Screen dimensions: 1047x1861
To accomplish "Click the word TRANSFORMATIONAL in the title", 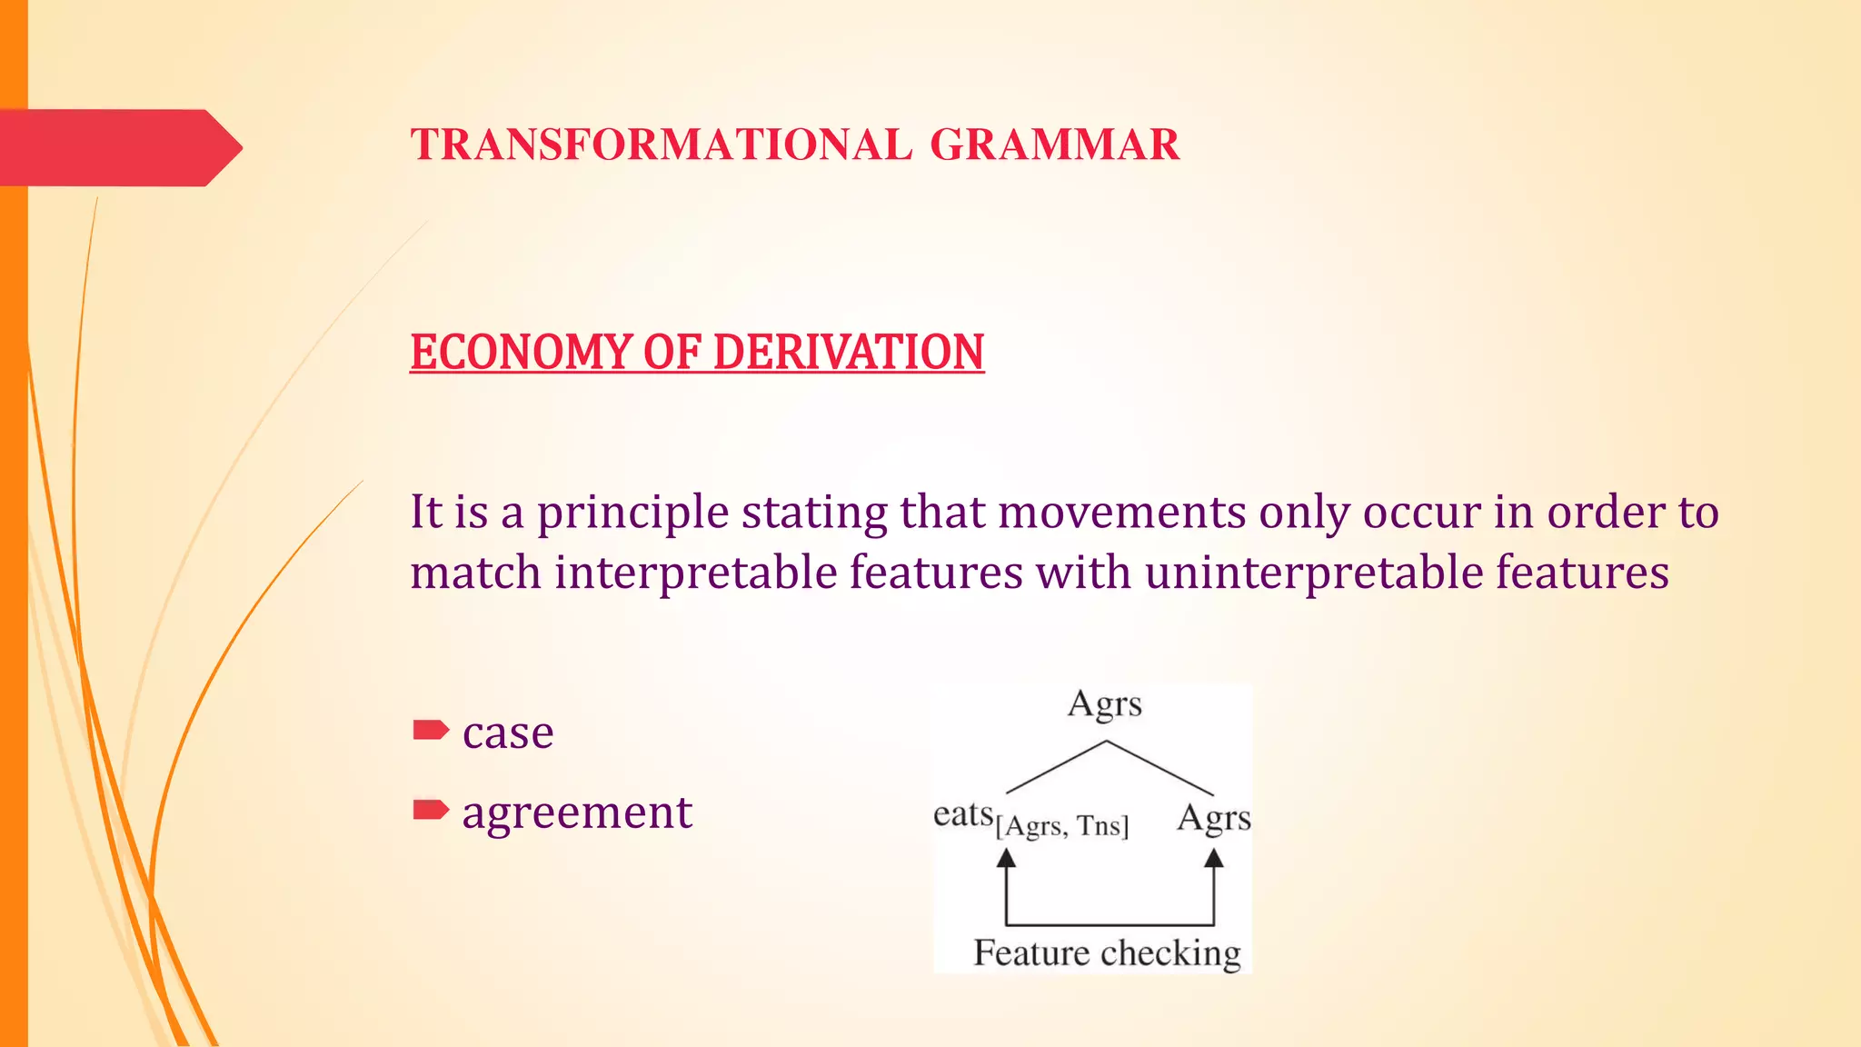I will [x=661, y=145].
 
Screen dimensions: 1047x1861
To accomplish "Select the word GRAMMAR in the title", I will [x=1054, y=145].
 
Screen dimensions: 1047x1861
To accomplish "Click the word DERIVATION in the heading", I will [x=848, y=353].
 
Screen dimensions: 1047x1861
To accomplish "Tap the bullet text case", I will [x=508, y=733].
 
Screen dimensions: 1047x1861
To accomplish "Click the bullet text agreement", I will [x=577, y=812].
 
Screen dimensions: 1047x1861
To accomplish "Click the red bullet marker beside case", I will [x=431, y=730].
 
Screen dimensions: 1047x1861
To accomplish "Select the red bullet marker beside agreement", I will [x=431, y=809].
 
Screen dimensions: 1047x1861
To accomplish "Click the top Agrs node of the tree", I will [x=1105, y=704].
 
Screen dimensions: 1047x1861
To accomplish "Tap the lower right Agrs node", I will [x=1214, y=818].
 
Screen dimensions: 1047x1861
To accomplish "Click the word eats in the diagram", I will [x=963, y=814].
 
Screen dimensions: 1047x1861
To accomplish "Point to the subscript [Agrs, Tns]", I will [x=1062, y=826].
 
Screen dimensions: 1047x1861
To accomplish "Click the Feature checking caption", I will [x=1107, y=952].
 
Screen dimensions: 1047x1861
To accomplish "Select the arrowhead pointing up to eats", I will [x=1006, y=859].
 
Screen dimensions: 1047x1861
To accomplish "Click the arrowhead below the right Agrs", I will [x=1214, y=859].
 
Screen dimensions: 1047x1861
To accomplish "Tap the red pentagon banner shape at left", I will [x=118, y=148].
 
